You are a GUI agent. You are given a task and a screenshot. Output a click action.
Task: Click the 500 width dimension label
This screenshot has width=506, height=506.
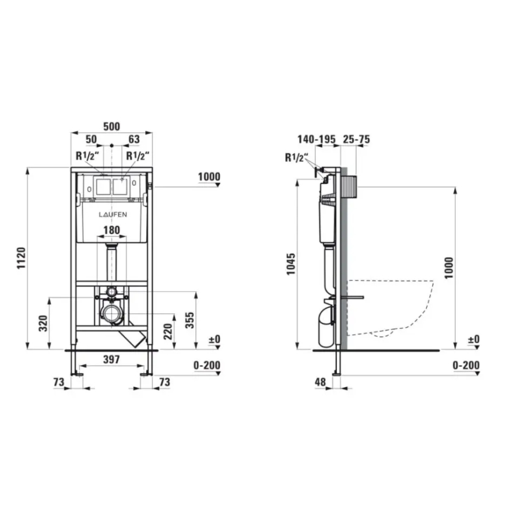[x=111, y=126]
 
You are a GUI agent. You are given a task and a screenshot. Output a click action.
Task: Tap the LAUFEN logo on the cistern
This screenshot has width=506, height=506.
[x=111, y=215]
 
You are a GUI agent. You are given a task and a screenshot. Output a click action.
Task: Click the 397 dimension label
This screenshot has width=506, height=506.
[x=111, y=360]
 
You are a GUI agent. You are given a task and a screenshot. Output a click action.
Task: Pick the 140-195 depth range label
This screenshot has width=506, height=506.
[x=316, y=139]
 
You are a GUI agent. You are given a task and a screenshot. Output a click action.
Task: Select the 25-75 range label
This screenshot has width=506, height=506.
[x=356, y=139]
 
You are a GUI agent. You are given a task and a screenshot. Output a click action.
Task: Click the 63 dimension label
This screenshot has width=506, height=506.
[x=133, y=139]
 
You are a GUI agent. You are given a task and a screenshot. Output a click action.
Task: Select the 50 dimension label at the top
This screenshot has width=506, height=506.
[x=92, y=139]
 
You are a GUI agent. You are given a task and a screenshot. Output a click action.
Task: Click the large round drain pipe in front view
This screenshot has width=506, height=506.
[x=111, y=314]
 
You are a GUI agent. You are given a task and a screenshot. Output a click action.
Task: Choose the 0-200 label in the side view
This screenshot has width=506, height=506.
[x=466, y=366]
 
